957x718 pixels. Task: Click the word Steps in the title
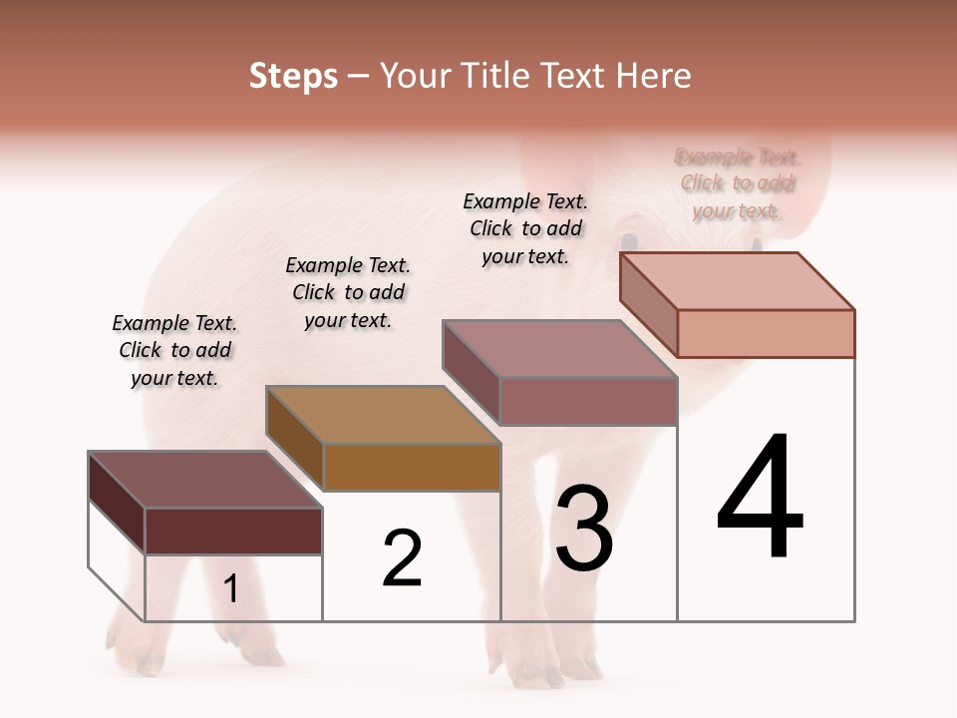[293, 76]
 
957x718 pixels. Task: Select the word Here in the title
[653, 76]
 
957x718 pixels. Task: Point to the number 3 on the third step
[584, 528]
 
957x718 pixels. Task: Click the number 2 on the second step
[402, 558]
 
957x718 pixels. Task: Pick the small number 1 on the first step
[230, 589]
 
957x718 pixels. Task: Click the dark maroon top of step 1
[204, 479]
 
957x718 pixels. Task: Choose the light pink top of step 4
[738, 281]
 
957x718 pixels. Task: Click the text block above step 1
[174, 350]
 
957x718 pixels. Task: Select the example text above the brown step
[348, 292]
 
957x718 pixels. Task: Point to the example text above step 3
[525, 228]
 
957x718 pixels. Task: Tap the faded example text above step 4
[738, 183]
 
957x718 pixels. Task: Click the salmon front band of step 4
[766, 333]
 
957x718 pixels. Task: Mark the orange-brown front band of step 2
[412, 467]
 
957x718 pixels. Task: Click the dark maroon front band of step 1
[233, 531]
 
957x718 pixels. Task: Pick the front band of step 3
[588, 401]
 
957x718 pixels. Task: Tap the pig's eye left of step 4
[629, 241]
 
